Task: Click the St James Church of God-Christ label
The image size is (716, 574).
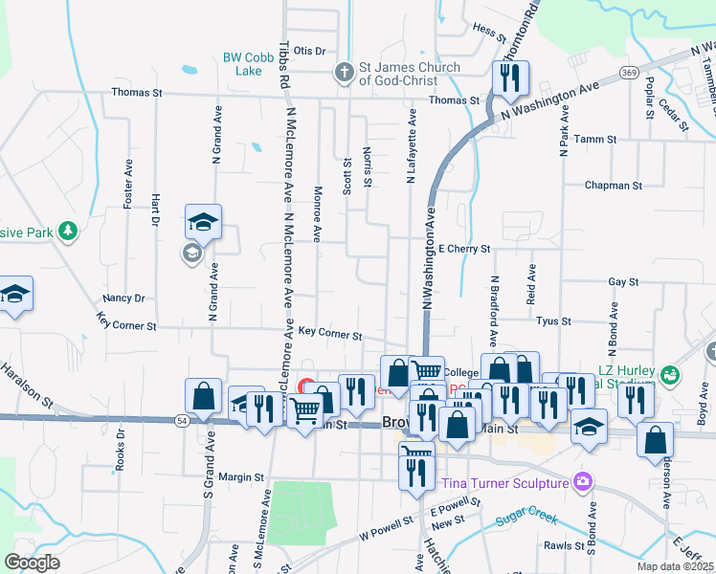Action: (409, 74)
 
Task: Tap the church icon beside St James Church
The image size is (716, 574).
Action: (344, 72)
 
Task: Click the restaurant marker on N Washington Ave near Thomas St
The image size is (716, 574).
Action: (510, 78)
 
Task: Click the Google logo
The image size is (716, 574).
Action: (32, 563)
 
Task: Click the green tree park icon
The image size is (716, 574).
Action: (67, 231)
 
